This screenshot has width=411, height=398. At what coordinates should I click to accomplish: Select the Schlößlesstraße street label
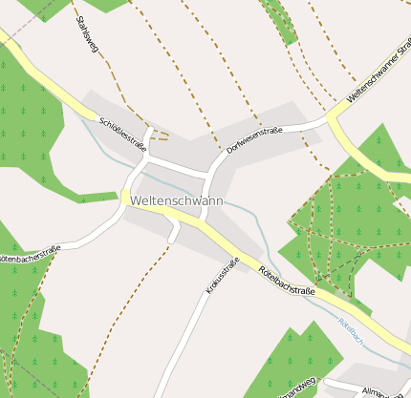pyautogui.click(x=121, y=135)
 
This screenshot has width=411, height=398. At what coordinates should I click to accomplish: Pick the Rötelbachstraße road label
pyautogui.click(x=287, y=283)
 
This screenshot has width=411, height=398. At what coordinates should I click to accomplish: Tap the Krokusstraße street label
pyautogui.click(x=222, y=275)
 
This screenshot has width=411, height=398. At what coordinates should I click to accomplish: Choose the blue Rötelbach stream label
pyautogui.click(x=350, y=331)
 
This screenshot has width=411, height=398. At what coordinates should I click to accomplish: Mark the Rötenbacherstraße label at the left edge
pyautogui.click(x=29, y=254)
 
